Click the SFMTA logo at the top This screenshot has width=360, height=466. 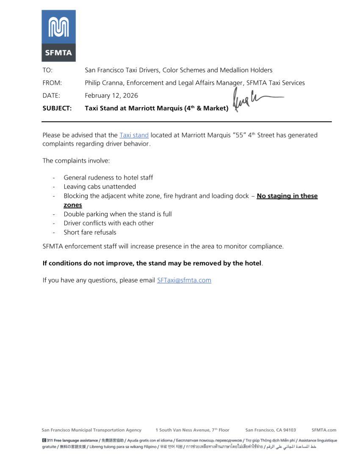click(58, 36)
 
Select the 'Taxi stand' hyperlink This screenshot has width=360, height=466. click(134, 135)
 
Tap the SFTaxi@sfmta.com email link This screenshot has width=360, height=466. click(184, 280)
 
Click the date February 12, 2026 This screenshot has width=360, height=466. click(111, 95)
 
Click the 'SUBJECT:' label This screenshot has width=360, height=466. click(57, 108)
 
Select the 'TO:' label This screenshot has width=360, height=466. click(47, 70)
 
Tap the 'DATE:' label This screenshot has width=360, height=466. click(51, 95)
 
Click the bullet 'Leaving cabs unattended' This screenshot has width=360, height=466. click(100, 186)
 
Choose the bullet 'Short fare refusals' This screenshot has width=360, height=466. click(90, 232)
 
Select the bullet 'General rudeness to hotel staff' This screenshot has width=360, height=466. click(108, 178)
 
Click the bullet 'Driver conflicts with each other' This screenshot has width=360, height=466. click(108, 223)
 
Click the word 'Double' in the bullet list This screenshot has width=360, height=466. click(74, 214)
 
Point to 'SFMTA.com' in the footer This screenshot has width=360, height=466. click(324, 430)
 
